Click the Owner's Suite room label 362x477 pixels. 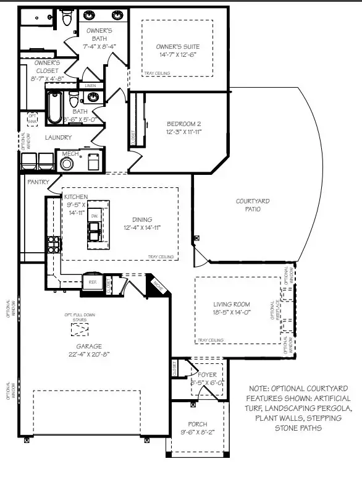[x=177, y=47]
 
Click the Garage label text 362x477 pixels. [x=90, y=346]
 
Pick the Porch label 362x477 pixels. [x=197, y=424]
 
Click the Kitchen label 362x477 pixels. [x=76, y=196]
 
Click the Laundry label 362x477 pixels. [x=58, y=137]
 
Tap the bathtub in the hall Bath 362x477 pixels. [x=54, y=106]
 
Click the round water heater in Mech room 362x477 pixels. [x=67, y=163]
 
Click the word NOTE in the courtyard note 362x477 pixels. [x=260, y=389]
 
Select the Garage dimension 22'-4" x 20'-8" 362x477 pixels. [x=90, y=354]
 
